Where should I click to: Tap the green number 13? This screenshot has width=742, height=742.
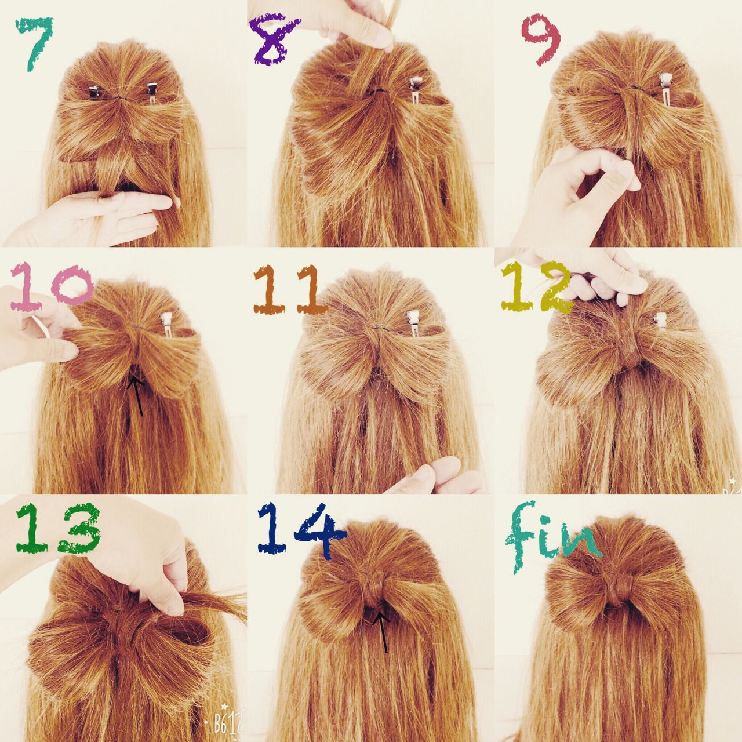coord(58,528)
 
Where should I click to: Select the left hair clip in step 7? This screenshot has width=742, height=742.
coord(94,92)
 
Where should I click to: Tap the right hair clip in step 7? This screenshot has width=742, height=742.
coord(151,94)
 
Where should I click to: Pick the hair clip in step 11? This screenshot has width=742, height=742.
coord(412,323)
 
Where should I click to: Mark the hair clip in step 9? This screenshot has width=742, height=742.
coord(665,89)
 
